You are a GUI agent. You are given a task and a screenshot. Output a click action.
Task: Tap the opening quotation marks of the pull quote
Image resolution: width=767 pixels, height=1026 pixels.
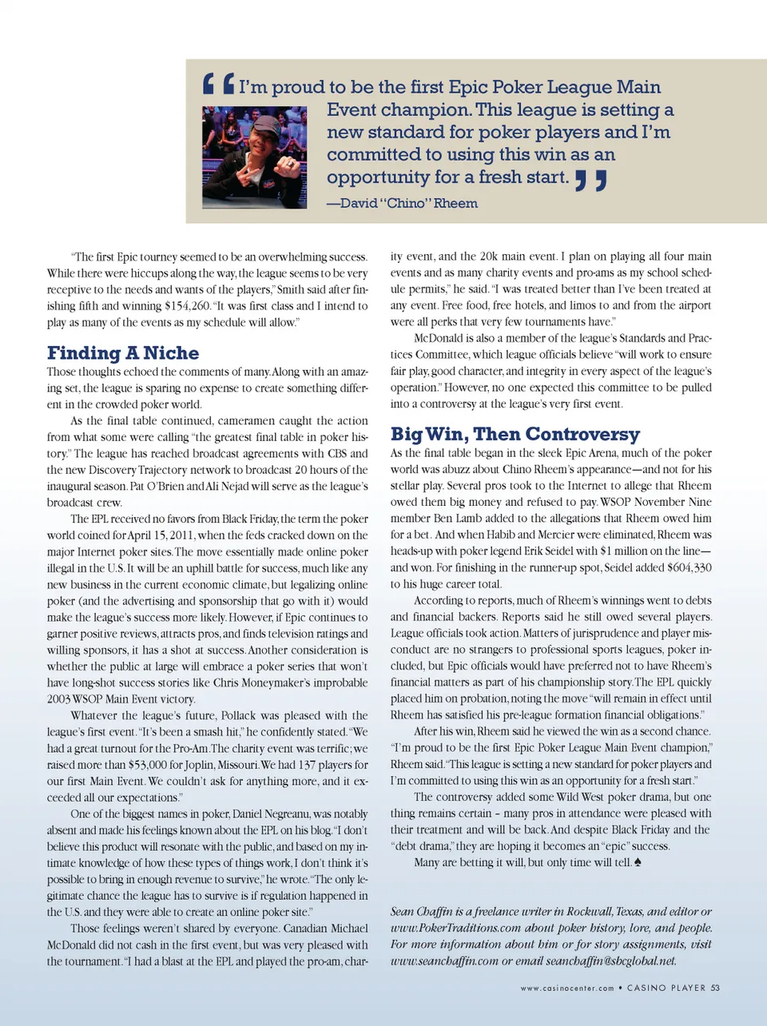coord(218,84)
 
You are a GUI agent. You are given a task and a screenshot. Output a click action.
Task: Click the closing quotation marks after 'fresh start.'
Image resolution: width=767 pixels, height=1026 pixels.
coord(591,181)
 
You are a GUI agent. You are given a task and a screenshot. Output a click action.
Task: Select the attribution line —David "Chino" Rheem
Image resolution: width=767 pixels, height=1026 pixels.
coord(402,203)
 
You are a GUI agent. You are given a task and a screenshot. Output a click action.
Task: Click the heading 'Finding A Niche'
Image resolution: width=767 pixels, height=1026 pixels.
coord(123,352)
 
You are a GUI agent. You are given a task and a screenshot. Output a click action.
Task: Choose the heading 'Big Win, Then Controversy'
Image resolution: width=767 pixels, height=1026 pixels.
coord(515,434)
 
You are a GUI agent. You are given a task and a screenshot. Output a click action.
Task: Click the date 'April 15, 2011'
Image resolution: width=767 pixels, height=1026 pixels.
coord(161,535)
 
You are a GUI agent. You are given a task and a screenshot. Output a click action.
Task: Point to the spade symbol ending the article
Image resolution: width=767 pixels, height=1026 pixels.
coord(638,862)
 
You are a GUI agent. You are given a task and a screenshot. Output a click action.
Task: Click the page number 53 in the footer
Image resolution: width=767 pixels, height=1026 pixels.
coord(715,988)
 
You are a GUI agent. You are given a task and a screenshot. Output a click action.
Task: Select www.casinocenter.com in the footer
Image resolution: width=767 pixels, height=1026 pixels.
coord(567,988)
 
